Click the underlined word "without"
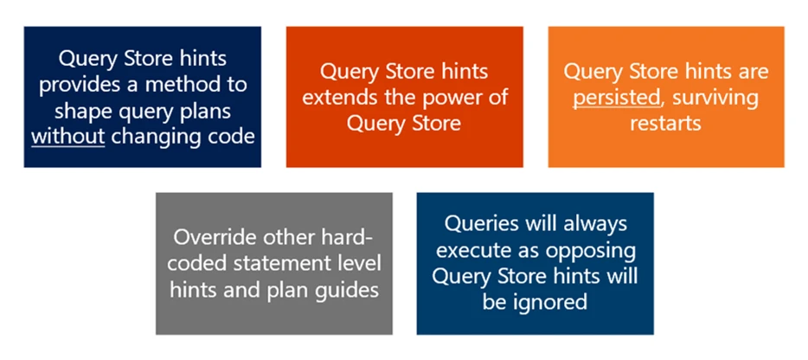coord(67,138)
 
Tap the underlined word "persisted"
coord(616,97)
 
